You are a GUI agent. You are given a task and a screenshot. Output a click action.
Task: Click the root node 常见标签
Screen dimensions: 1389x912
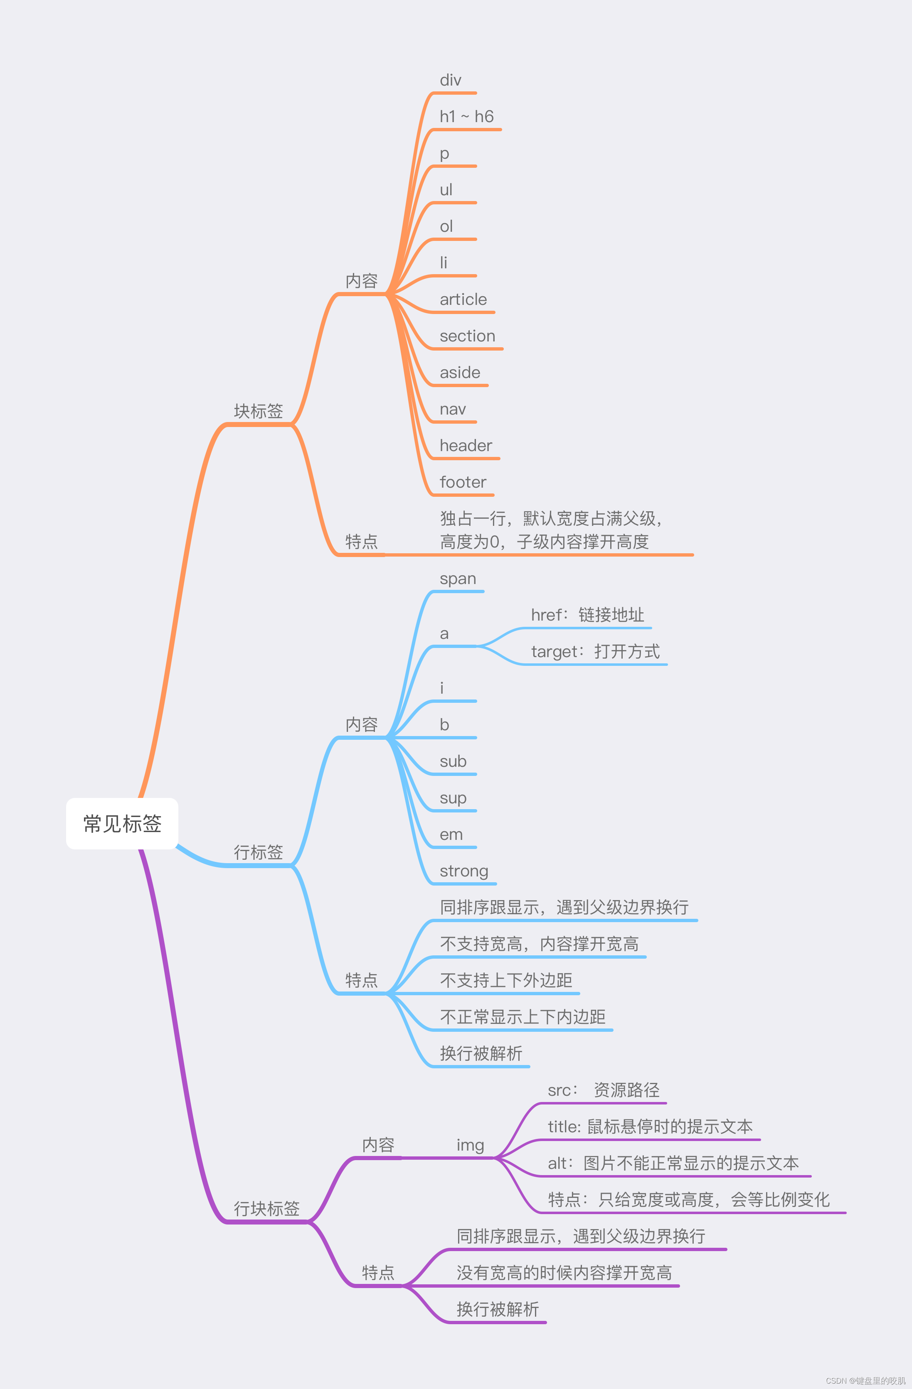122,824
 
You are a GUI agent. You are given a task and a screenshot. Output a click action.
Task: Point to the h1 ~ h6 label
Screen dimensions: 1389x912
466,117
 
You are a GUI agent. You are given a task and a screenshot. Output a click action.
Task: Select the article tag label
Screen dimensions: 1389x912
463,300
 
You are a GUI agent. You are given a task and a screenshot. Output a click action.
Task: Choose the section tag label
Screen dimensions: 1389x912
467,336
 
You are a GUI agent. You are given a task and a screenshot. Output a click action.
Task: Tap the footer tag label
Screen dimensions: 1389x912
462,483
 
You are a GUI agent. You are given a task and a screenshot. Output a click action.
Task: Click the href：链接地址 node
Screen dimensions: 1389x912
587,615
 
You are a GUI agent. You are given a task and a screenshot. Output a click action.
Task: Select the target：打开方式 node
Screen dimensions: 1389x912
595,652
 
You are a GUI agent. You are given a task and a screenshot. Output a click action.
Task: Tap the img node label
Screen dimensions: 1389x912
470,1145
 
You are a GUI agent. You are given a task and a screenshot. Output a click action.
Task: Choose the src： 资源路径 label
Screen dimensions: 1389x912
603,1090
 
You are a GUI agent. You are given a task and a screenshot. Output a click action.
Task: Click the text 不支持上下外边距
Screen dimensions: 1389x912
505,980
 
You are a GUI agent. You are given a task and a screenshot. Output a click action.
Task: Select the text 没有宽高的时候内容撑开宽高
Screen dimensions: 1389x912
564,1273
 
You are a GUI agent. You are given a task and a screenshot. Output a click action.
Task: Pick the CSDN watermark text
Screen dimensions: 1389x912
865,1381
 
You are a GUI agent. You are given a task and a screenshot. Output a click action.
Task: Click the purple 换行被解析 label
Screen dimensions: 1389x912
498,1310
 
